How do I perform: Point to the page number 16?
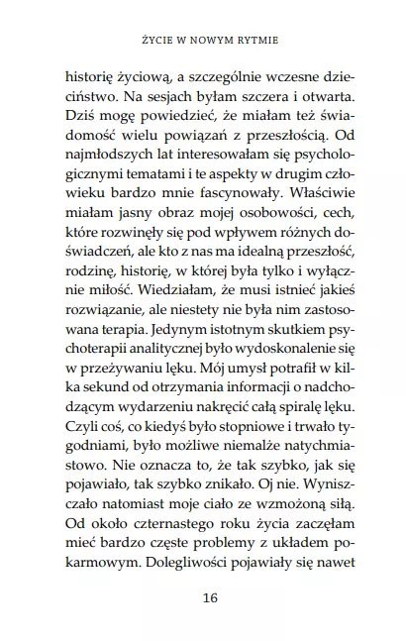coord(202,597)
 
